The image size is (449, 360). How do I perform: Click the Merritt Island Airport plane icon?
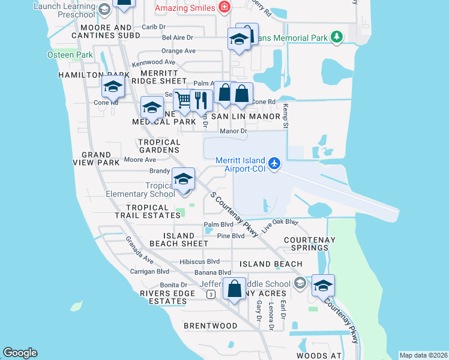coord(274,163)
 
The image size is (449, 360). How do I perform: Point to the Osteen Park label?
coord(70,55)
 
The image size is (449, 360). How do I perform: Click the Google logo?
coord(20,353)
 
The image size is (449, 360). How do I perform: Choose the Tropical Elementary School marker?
coord(184,179)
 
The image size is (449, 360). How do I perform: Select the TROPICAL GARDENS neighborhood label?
coord(159,146)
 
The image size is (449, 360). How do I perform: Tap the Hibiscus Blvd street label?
coord(200,262)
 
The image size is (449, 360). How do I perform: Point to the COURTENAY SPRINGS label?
coord(309,244)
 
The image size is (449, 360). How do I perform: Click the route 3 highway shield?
coord(211,294)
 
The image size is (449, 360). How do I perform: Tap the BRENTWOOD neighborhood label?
coord(210,326)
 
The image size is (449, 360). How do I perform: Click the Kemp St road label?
coord(286,115)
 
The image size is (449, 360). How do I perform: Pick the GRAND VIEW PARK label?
coord(101,158)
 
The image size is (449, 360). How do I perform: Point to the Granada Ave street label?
coord(140,250)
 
